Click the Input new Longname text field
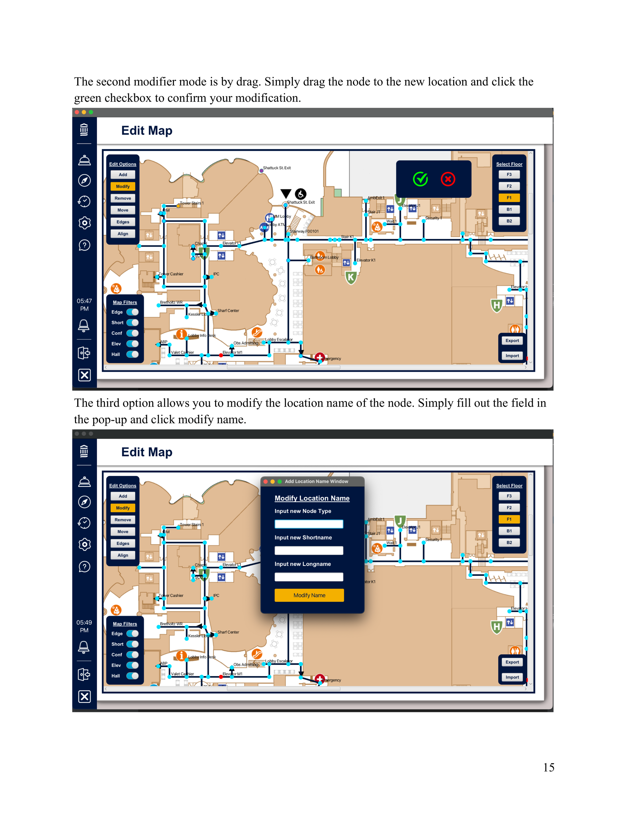point(308,577)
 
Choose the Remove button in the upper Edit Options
point(123,198)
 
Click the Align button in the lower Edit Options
point(123,555)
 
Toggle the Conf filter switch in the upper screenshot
point(132,333)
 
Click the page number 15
point(548,768)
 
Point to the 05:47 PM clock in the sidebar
point(84,305)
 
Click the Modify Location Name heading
point(312,498)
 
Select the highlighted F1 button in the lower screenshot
point(509,519)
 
